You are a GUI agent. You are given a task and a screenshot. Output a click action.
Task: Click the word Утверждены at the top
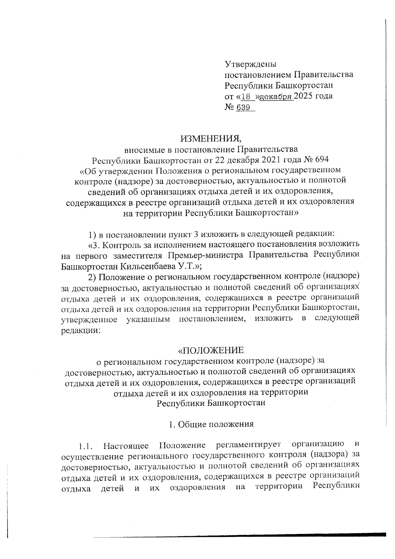coord(250,64)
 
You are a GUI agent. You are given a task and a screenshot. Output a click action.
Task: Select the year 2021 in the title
coord(263,160)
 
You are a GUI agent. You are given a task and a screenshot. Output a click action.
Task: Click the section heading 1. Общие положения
coord(211,424)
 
